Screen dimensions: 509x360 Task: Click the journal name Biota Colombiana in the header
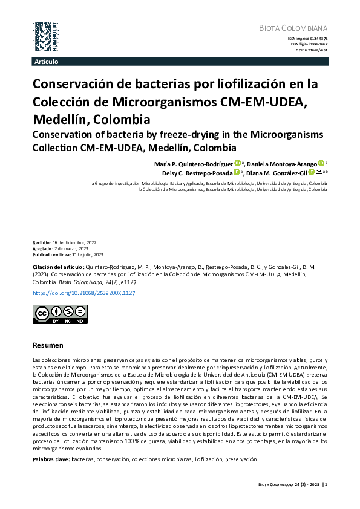click(293, 28)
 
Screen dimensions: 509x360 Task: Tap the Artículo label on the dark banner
click(47, 62)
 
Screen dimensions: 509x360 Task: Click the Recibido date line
click(64, 242)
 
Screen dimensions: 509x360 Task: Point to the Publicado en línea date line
click(68, 254)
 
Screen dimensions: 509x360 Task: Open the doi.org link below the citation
click(83, 293)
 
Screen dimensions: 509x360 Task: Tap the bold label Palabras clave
click(51, 459)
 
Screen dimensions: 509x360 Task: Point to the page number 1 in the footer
click(326, 483)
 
